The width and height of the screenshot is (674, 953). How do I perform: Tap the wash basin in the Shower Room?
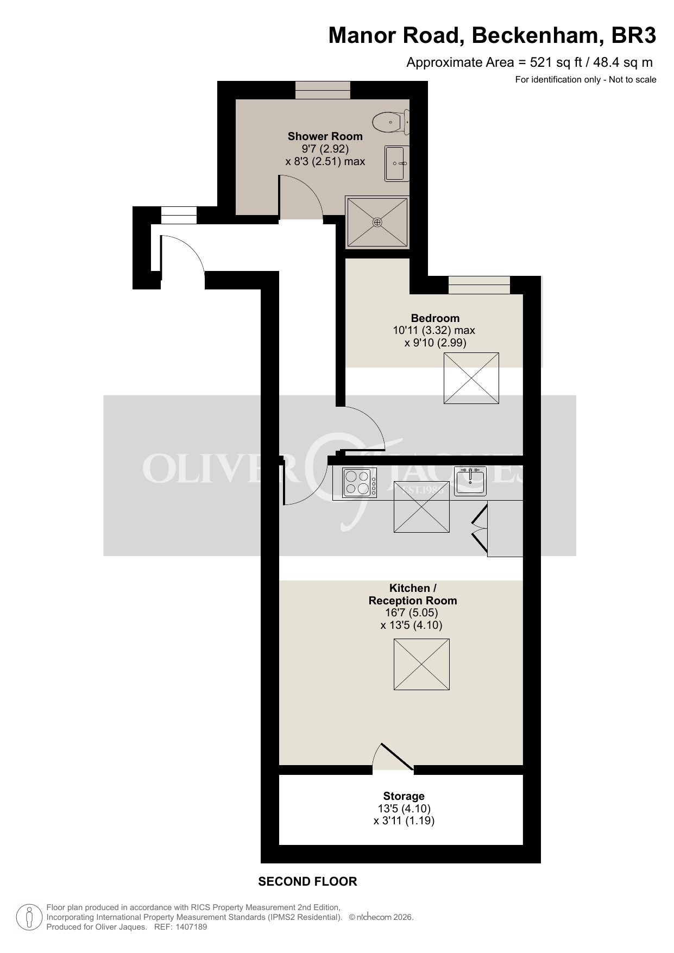[397, 163]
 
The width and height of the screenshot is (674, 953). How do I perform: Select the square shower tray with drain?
[377, 222]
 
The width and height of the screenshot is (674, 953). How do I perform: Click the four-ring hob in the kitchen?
[360, 482]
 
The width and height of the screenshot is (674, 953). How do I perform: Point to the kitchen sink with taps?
[470, 481]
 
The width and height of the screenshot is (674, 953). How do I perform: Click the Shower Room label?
[325, 136]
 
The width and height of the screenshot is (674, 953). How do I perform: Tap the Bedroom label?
[435, 318]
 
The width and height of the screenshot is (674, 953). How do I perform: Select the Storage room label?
[404, 796]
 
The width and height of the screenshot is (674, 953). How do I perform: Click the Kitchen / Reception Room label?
[413, 594]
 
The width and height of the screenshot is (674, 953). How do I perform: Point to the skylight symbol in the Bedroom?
[471, 378]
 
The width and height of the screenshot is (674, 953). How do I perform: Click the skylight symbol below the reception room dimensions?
[421, 664]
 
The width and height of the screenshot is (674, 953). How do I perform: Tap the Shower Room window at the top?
[323, 90]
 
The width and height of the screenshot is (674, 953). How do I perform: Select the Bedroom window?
[479, 285]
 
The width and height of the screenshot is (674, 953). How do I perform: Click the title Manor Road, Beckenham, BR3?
[492, 36]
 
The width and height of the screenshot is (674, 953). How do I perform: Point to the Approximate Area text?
[530, 62]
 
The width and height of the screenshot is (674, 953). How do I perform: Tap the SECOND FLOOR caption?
[307, 881]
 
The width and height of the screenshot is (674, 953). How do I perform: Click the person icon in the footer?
[29, 917]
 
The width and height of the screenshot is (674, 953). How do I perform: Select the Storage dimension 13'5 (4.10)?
[404, 809]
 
